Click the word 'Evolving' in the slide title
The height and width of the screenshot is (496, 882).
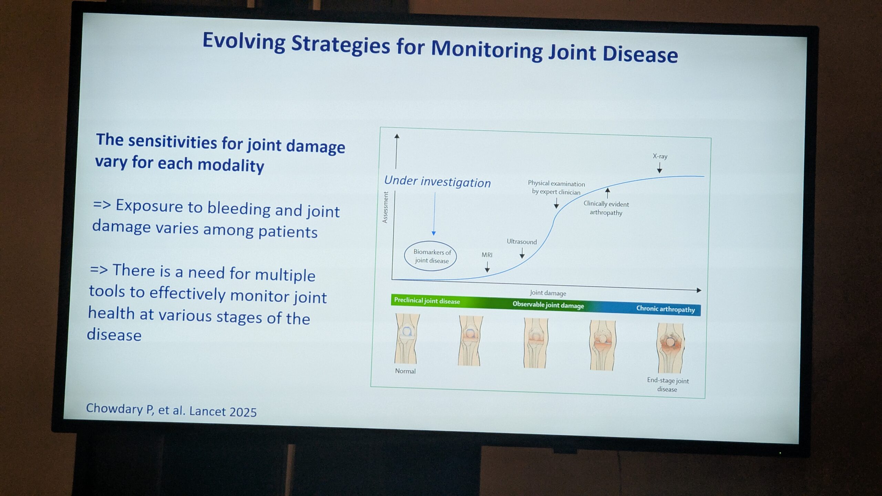(x=244, y=42)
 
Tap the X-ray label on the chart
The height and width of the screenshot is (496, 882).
(x=660, y=156)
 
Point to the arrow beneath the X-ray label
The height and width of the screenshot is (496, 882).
(x=659, y=167)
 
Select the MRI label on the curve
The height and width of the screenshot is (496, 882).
(x=487, y=255)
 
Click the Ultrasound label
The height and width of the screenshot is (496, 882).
(x=522, y=242)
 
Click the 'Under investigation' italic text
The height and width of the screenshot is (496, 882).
(x=437, y=182)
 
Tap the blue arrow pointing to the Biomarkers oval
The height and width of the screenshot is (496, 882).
(x=434, y=214)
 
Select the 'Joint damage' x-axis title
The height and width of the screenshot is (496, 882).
(x=548, y=293)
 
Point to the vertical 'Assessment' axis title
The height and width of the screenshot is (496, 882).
(x=386, y=207)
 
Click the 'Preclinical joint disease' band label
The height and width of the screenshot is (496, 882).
(x=427, y=301)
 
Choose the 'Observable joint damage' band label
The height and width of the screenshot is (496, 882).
(x=548, y=305)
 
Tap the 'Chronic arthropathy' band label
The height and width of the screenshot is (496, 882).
(x=665, y=309)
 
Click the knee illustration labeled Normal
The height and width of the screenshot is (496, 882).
(x=407, y=338)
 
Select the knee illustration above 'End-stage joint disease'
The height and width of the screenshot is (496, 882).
(x=670, y=348)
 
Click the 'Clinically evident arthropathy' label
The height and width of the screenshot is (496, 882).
(x=606, y=208)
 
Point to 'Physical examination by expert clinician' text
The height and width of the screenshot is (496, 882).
(x=556, y=188)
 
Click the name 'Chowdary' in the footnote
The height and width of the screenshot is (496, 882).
(x=115, y=408)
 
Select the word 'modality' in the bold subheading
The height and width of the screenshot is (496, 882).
(x=231, y=166)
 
